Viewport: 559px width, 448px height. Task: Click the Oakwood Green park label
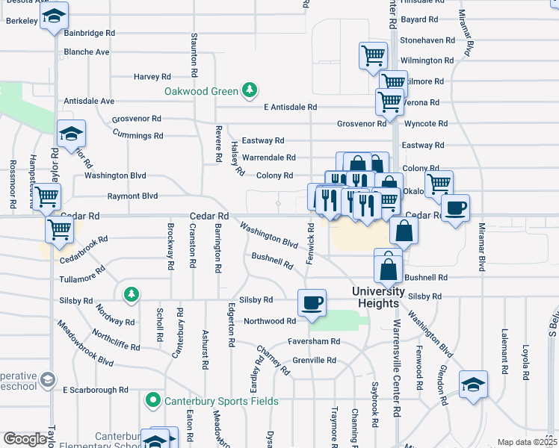click(201, 92)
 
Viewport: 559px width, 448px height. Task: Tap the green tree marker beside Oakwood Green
click(250, 92)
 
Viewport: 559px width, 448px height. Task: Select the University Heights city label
click(380, 296)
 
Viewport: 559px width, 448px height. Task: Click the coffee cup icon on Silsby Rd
click(311, 302)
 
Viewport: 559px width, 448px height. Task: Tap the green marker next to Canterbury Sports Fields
click(154, 401)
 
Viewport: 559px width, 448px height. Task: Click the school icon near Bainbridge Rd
click(54, 16)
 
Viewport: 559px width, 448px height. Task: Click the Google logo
click(25, 439)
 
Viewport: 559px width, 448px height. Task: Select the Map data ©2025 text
click(527, 442)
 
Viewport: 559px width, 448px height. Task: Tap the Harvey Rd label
click(152, 76)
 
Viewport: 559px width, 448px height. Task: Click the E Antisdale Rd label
click(291, 107)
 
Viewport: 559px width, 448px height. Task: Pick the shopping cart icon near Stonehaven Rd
click(372, 55)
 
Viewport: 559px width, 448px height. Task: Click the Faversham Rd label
click(314, 341)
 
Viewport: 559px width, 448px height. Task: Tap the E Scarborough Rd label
click(96, 390)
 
